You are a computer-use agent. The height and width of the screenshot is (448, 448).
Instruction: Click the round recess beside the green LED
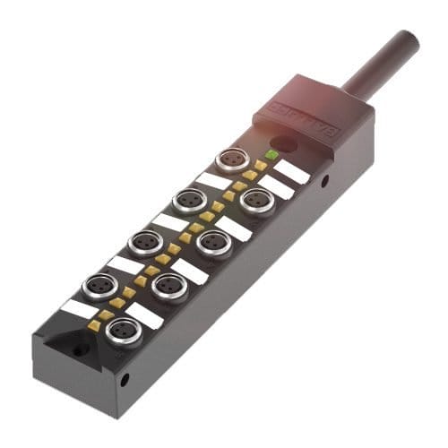coord(285,142)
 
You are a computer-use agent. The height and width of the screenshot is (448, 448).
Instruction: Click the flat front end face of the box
coord(76,376)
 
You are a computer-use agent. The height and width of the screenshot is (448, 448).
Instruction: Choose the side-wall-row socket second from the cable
coord(214,241)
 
